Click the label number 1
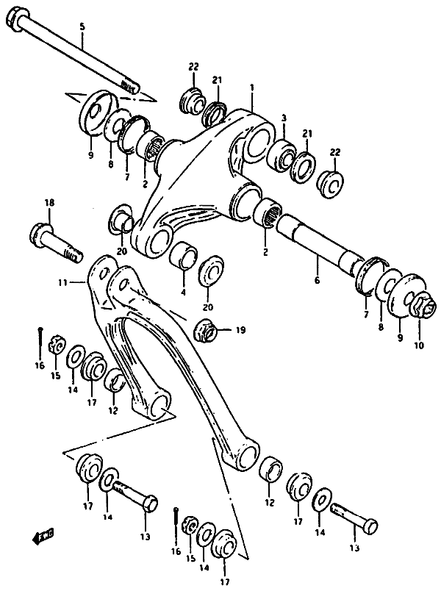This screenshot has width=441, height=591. (x=251, y=87)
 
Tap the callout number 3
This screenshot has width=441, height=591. (x=283, y=118)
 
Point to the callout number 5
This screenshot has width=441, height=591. (x=82, y=27)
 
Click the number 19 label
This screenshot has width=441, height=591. (x=240, y=332)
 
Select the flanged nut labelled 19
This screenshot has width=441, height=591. (x=206, y=331)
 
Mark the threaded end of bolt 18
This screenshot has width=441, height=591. (x=72, y=254)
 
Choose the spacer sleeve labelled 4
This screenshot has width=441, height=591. (x=183, y=257)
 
